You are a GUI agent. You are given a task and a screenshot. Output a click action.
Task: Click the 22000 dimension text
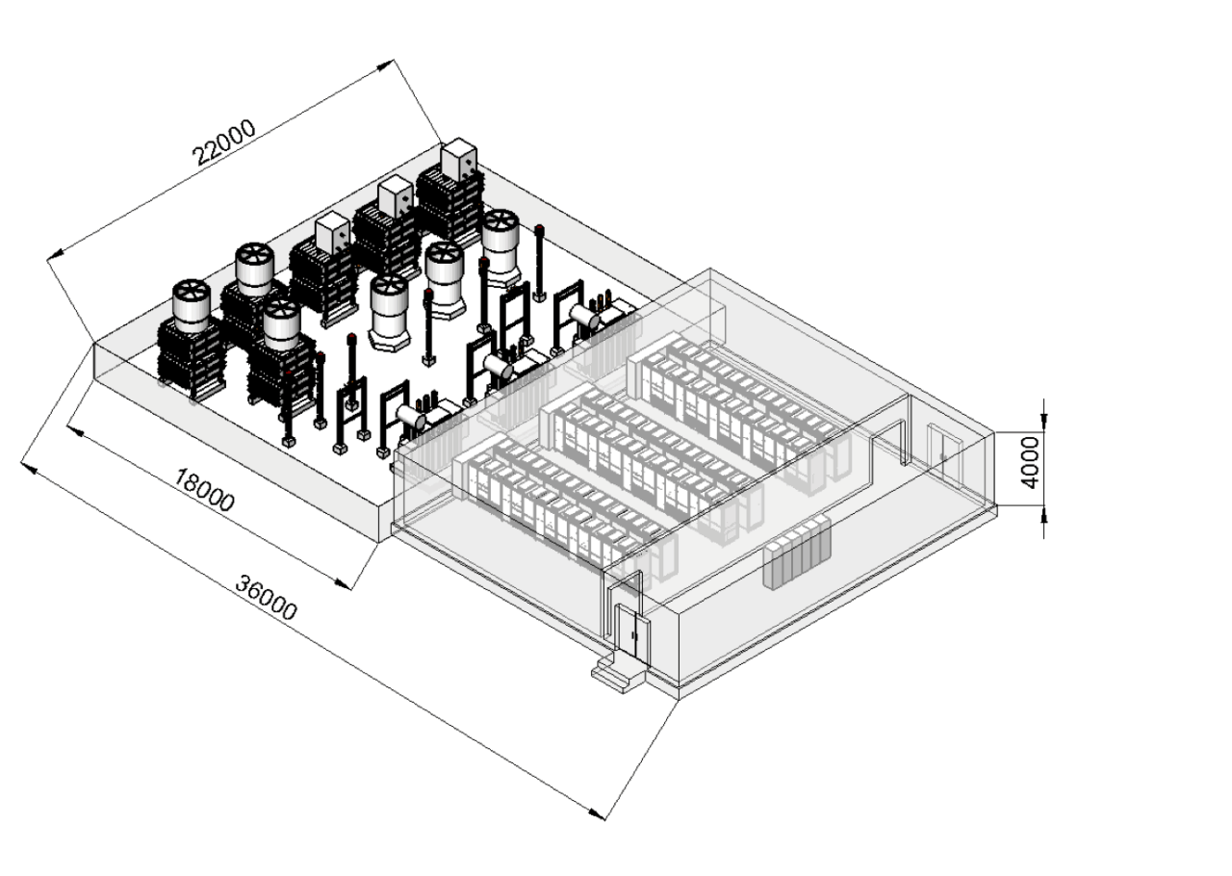(x=224, y=142)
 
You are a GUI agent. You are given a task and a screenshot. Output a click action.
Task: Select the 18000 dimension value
(x=204, y=488)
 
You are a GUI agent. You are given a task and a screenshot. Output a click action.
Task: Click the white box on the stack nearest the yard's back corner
(x=460, y=158)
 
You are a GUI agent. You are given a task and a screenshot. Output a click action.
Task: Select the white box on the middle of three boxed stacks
(x=395, y=195)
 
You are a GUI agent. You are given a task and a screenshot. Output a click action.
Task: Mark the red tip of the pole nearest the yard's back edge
(x=540, y=228)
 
